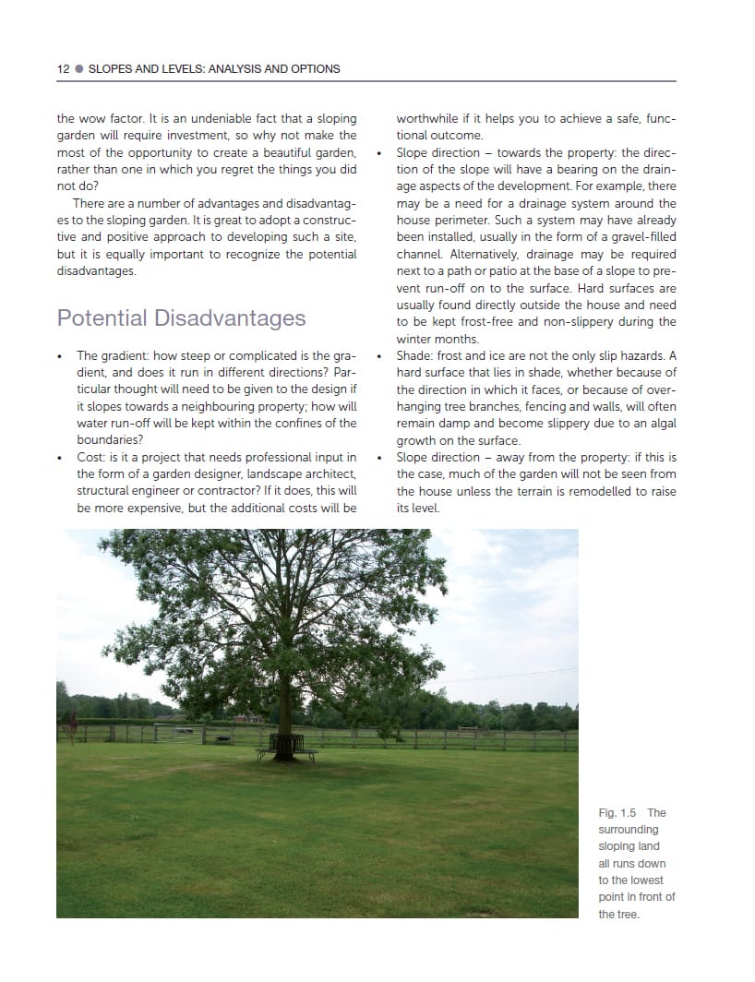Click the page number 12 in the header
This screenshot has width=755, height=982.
pos(63,68)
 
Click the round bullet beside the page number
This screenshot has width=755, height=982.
pos(78,68)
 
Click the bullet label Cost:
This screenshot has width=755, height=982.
pos(91,458)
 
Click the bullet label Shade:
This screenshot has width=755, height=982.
pos(414,356)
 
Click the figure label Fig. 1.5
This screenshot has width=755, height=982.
pos(618,813)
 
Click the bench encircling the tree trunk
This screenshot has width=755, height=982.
pos(286,747)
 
